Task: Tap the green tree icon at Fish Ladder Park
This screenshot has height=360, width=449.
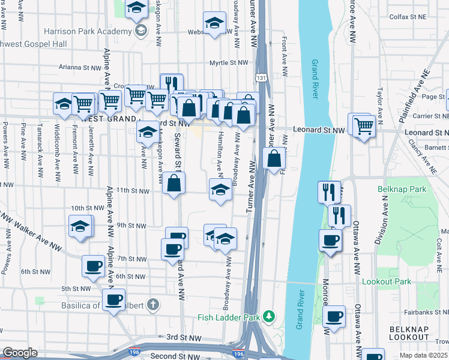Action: (270, 316)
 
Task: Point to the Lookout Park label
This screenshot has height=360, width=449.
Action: (387, 281)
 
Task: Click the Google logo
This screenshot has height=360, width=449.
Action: (20, 353)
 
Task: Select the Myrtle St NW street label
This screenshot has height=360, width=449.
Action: (229, 62)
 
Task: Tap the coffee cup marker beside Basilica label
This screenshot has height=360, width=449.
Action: (113, 300)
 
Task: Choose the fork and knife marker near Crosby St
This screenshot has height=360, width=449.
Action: (173, 85)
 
